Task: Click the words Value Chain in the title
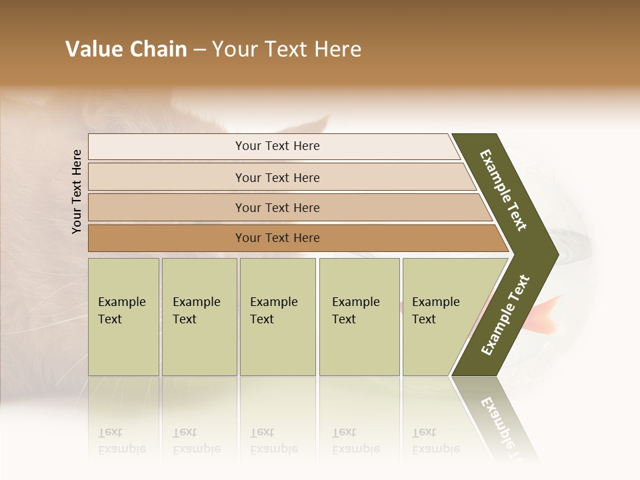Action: click(126, 49)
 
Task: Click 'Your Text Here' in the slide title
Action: click(287, 49)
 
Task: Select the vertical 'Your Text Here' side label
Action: click(77, 191)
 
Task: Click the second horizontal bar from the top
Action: click(277, 177)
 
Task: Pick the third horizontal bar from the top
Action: click(277, 207)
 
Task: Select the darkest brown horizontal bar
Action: click(277, 238)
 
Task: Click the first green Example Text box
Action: click(123, 317)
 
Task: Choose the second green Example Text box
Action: click(199, 317)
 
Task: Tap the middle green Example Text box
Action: click(277, 317)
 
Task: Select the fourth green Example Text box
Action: click(359, 317)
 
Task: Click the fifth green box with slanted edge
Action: click(440, 317)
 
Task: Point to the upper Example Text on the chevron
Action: click(503, 190)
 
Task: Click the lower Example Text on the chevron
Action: click(505, 315)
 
